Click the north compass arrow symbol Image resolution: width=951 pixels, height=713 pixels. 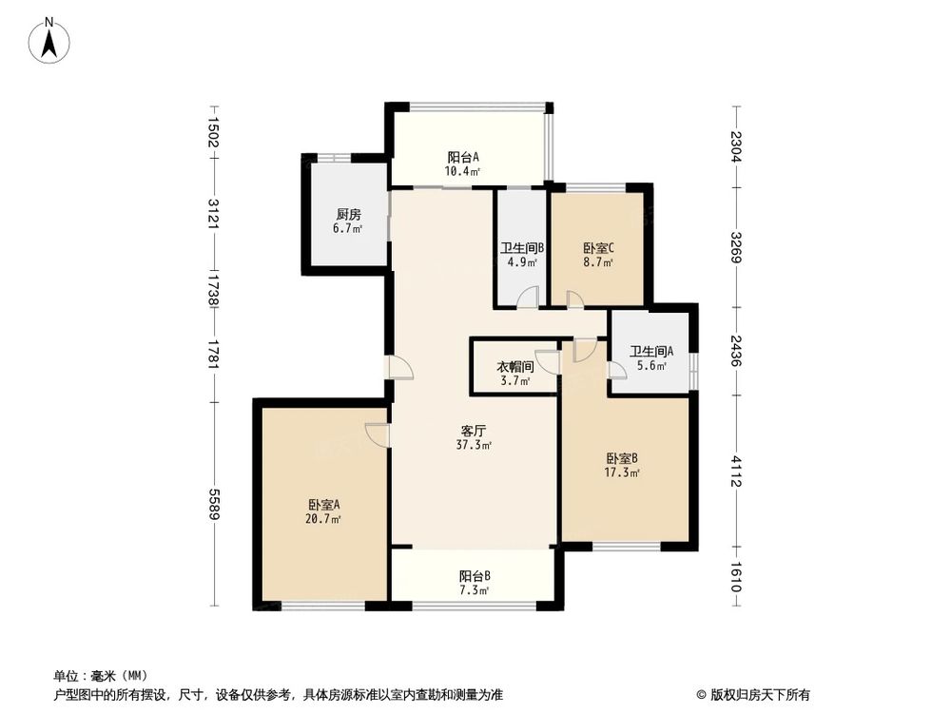click(x=51, y=40)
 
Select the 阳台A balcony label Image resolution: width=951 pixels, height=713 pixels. click(x=463, y=157)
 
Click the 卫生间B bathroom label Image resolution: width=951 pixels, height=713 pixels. click(x=522, y=249)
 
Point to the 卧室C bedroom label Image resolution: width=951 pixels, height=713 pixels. click(x=599, y=249)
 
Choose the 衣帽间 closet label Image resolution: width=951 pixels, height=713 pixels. click(x=514, y=366)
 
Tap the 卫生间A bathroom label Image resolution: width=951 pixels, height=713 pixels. click(x=651, y=351)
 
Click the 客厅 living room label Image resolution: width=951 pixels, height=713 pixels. click(x=474, y=429)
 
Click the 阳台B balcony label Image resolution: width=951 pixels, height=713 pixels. click(x=474, y=576)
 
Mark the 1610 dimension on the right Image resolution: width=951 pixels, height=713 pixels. click(x=735, y=578)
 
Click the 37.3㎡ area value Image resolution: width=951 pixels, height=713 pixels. click(x=474, y=445)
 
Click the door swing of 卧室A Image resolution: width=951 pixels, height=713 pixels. click(x=378, y=434)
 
